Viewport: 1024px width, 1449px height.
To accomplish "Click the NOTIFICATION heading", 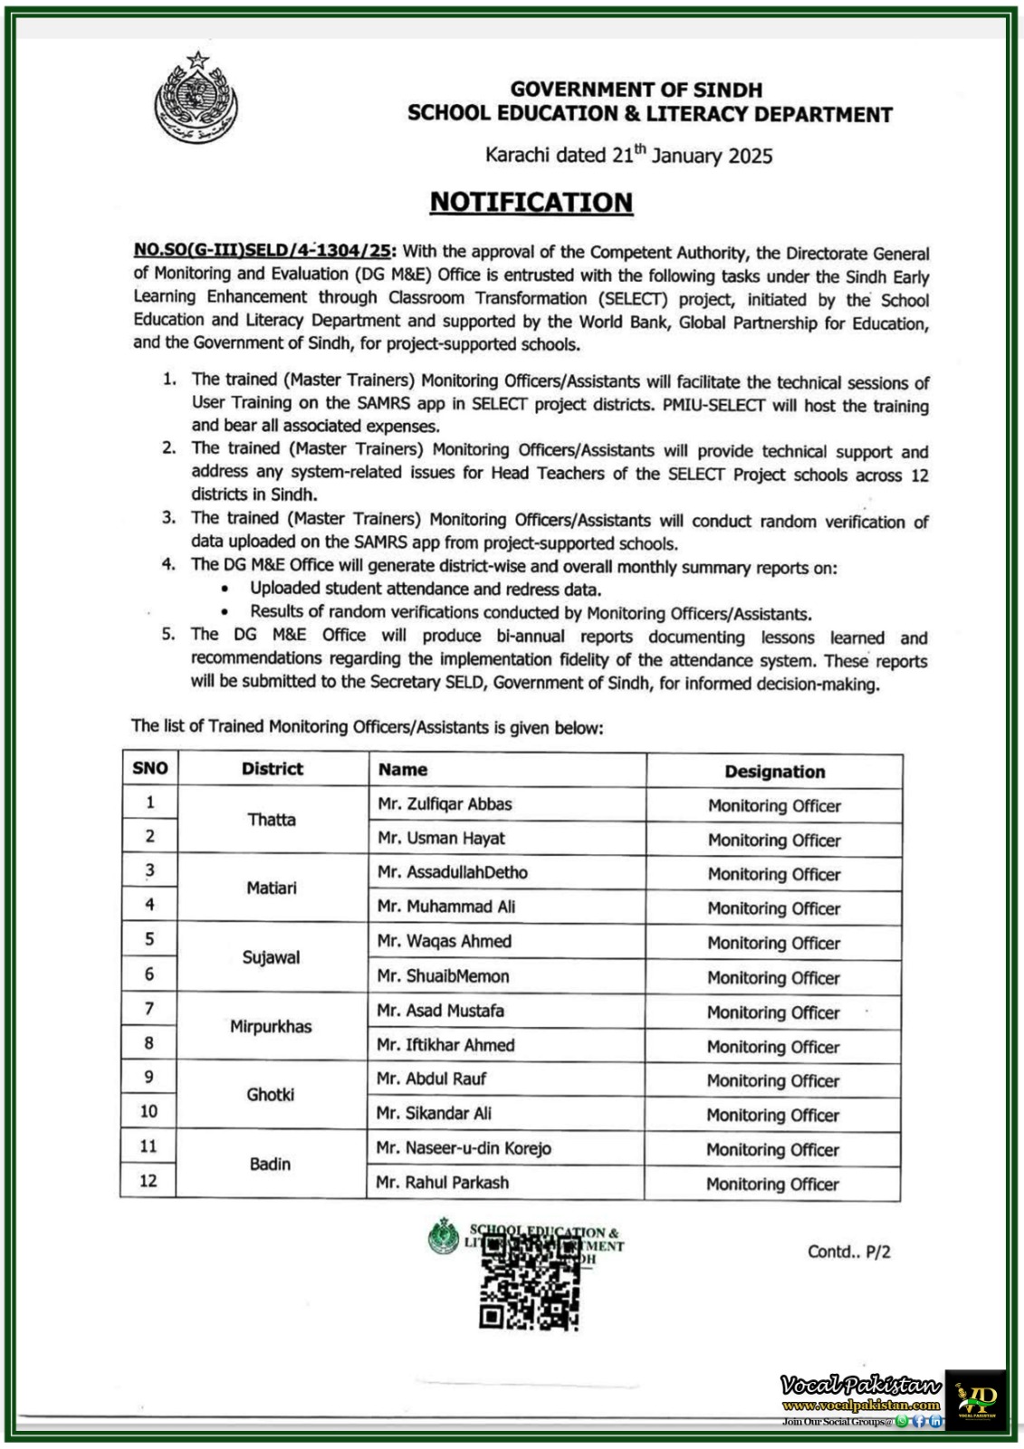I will point(531,202).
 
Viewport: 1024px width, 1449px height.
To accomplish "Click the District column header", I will point(272,769).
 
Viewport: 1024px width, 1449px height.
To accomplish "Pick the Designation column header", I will point(774,772).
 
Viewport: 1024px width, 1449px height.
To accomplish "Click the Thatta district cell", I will point(272,820).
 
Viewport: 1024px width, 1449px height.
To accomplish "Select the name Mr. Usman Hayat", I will point(442,839).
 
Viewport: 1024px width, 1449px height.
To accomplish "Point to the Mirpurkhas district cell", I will point(271,1026).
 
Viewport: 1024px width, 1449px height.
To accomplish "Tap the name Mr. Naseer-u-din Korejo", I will point(464,1148).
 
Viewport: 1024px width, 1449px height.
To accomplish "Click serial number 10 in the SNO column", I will point(148,1111).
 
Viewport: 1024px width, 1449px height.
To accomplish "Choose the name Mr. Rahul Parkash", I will point(443,1183).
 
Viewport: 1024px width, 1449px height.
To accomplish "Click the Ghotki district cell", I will point(271,1095).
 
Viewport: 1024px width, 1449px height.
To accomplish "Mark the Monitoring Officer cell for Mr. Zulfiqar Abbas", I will point(774,806).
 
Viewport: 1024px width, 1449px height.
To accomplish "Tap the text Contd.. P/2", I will point(848,1252).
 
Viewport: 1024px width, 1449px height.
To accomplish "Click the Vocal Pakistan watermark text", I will point(860,1386).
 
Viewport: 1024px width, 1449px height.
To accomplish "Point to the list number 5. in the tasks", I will point(168,635).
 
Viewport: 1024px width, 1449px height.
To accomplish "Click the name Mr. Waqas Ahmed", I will point(445,942).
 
